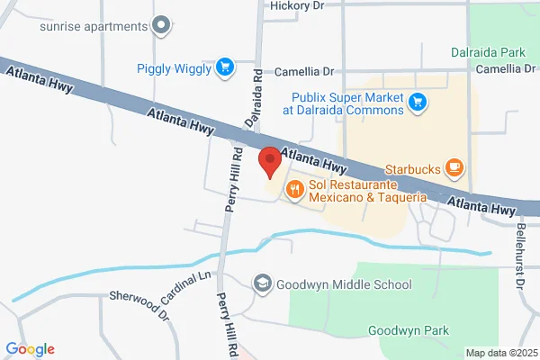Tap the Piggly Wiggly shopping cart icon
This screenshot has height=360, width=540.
pyautogui.click(x=224, y=67)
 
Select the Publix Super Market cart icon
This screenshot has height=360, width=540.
pyautogui.click(x=417, y=103)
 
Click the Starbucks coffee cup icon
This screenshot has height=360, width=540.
pyautogui.click(x=455, y=167)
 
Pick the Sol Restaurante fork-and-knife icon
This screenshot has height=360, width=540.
pyautogui.click(x=294, y=189)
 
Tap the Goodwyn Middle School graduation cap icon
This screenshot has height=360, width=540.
pyautogui.click(x=262, y=284)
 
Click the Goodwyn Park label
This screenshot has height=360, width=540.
pyautogui.click(x=409, y=330)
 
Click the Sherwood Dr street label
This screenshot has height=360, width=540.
pyautogui.click(x=139, y=305)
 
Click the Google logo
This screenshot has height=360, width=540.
pyautogui.click(x=30, y=349)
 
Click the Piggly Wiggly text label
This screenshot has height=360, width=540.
pyautogui.click(x=175, y=67)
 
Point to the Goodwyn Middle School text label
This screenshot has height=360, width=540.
pyautogui.click(x=345, y=284)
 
